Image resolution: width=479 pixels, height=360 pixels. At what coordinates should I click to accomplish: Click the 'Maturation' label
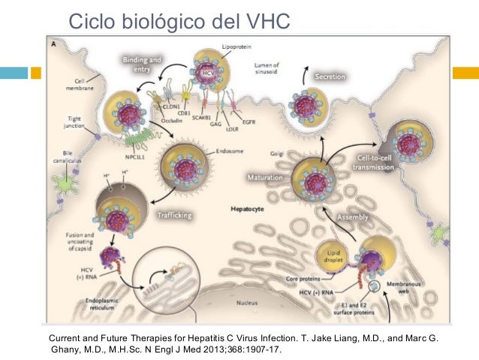point(264,178)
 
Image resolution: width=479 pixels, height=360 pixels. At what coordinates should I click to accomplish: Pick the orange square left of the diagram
point(35,73)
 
